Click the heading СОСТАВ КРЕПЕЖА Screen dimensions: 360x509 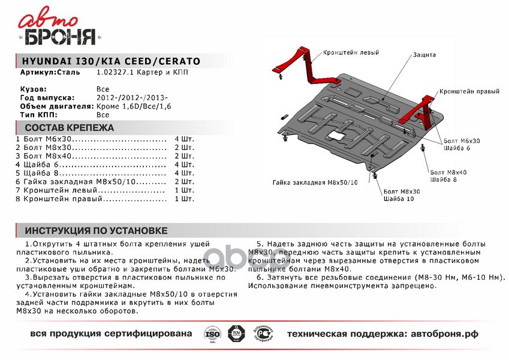pos(68,128)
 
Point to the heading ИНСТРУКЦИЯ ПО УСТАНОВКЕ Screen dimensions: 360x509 pos(96,231)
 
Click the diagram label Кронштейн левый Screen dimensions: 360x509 pos(351,53)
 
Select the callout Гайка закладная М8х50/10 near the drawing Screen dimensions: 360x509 pos(314,182)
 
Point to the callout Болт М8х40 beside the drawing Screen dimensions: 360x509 pos(448,172)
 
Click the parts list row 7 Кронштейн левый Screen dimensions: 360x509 pos(60,189)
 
